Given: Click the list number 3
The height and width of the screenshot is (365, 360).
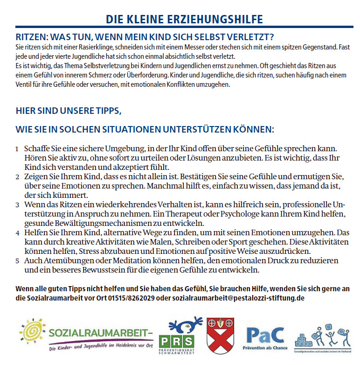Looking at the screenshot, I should [17, 205].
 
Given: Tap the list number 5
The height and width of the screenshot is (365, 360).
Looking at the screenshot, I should [17, 261].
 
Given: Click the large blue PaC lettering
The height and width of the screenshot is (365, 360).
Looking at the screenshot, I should [265, 334].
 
